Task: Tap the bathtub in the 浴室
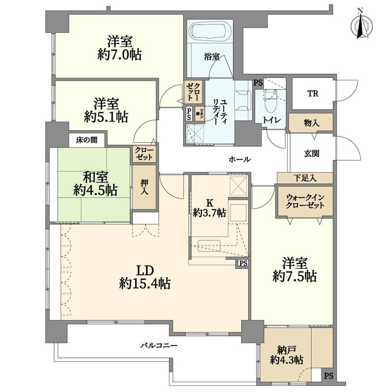[211, 32]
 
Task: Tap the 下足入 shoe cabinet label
[305, 178]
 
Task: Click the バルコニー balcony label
[159, 345]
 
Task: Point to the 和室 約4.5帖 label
[95, 184]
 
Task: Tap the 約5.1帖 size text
[106, 117]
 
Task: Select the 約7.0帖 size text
[120, 55]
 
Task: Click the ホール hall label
[240, 159]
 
